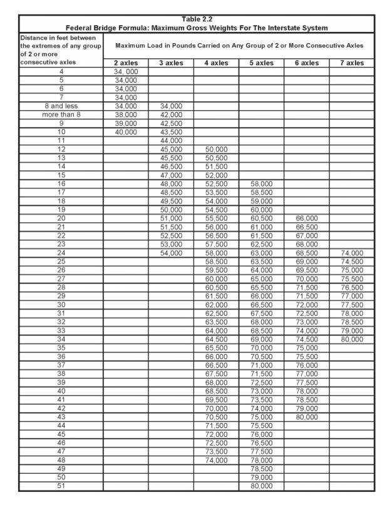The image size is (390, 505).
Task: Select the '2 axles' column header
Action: point(125,63)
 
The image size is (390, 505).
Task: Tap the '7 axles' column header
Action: point(351,63)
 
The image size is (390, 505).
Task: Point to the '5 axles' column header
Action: point(261,63)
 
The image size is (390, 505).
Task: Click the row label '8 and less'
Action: point(61,106)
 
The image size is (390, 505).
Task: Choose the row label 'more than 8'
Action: point(61,115)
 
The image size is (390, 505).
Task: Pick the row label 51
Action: point(61,486)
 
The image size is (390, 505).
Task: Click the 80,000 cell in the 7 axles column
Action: point(351,339)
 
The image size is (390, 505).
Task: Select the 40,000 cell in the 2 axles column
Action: point(125,132)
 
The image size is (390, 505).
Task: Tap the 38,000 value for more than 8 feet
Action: point(125,115)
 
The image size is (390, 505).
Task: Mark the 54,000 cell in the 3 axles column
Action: point(170,252)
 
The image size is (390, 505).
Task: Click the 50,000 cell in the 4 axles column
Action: point(216,150)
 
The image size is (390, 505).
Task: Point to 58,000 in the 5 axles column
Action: point(261,184)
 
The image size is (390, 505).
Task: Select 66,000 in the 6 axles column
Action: point(306,218)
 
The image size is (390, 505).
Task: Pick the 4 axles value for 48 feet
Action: point(216,459)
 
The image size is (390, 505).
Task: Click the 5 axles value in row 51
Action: point(261,486)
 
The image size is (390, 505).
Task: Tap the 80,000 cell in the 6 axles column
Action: point(306,416)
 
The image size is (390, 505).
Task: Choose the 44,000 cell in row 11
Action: point(170,141)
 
